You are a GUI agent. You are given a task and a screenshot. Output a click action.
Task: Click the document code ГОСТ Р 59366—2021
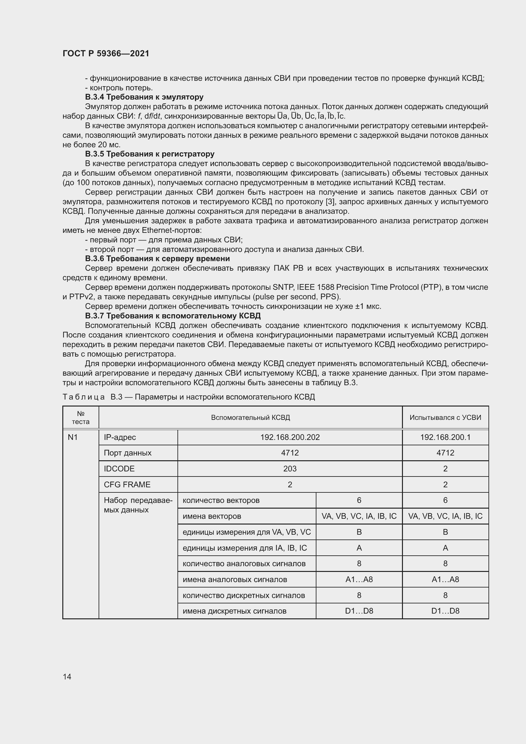coord(106,53)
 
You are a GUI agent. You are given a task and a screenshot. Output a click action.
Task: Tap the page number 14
coord(67,677)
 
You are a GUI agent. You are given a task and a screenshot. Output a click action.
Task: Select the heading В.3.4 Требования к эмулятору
coord(144,97)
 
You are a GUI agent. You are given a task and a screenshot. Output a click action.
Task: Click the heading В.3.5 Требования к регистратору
coord(150,154)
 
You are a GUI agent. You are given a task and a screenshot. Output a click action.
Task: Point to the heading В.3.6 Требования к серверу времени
coord(157,259)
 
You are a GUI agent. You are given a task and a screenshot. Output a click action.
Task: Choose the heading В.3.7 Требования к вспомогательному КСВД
coord(173,316)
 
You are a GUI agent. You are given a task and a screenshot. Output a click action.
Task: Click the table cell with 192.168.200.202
coord(290,437)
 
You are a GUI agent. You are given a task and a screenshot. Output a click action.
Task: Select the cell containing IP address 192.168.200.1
coord(445,437)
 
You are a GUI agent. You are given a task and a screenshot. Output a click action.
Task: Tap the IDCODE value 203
coord(290,469)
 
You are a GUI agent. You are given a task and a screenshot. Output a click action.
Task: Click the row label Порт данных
coord(128,453)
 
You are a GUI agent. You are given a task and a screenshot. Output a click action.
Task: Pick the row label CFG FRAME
coord(127,484)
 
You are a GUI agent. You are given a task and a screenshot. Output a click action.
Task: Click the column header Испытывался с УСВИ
coord(445,417)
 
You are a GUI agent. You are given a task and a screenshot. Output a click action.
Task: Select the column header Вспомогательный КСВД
coord(250,417)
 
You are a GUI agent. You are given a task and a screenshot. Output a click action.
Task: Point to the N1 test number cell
coord(73,437)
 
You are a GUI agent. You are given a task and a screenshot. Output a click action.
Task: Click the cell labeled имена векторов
coord(212,516)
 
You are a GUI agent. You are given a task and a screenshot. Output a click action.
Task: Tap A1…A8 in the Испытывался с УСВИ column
coord(445,579)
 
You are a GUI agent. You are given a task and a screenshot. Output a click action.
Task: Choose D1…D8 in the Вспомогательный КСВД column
coord(359,611)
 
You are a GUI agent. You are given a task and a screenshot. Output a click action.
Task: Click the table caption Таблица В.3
coord(189,397)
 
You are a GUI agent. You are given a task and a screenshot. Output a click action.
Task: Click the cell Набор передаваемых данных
coord(138,505)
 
